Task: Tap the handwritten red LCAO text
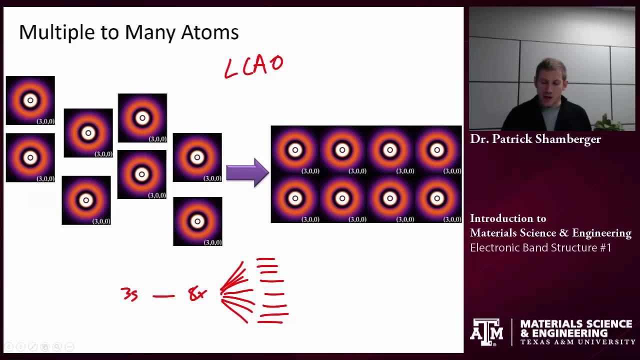coord(253,66)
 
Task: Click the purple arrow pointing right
coord(247,172)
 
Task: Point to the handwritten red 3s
coord(129,294)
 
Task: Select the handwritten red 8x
coord(197,294)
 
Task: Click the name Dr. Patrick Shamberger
coord(535,139)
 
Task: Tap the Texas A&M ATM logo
coord(486,332)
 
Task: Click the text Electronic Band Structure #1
coord(540,247)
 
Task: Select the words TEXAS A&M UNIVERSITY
coord(577,342)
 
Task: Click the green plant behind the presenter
coord(607,122)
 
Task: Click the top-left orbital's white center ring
coord(30,100)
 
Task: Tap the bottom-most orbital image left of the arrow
coord(197,221)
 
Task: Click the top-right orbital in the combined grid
coord(437,149)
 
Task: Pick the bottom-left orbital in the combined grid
coord(294,198)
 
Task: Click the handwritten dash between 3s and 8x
coord(163,296)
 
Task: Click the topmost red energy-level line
coord(265,259)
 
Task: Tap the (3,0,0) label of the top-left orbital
coord(45,121)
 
